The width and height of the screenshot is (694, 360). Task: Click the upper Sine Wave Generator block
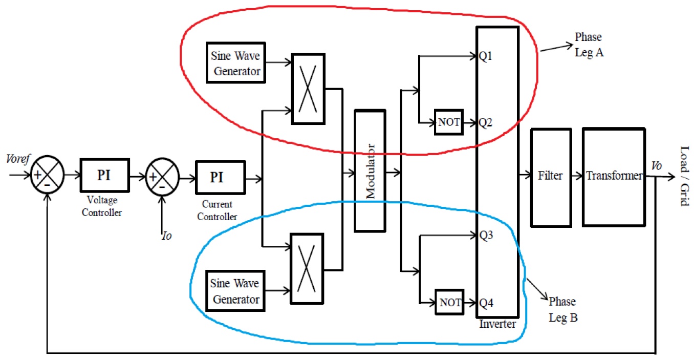(236, 64)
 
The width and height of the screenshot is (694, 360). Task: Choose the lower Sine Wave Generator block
(236, 291)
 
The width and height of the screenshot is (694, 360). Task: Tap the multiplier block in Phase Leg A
(308, 89)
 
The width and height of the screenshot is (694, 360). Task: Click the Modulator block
(370, 170)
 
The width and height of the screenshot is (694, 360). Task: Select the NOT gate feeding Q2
(449, 122)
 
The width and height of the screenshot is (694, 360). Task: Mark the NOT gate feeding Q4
(449, 302)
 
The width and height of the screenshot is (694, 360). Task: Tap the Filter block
(550, 177)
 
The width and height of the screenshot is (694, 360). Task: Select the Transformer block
(613, 177)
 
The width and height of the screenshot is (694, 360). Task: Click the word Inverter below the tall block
(497, 324)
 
